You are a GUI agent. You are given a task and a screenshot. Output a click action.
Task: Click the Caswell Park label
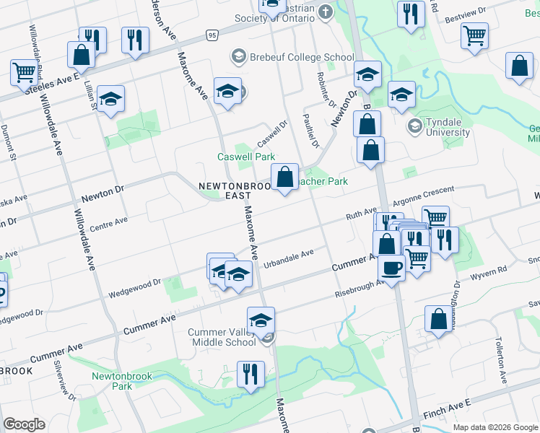pos(246,157)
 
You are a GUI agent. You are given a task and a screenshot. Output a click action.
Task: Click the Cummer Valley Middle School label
pos(222,338)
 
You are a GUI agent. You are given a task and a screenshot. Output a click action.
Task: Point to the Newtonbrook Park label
pos(112,380)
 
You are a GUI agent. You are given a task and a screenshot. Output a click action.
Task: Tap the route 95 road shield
pos(211,35)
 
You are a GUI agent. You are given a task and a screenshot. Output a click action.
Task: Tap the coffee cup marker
pos(392,268)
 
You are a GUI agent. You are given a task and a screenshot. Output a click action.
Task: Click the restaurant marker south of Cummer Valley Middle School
pos(251,375)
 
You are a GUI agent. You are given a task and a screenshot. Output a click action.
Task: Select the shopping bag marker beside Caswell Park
pos(285,177)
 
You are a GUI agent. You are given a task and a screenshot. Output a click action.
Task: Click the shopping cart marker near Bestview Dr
pos(474,35)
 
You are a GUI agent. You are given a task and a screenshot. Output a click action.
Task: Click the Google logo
pos(24,424)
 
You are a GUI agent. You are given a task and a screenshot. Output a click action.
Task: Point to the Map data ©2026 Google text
pos(494,427)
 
